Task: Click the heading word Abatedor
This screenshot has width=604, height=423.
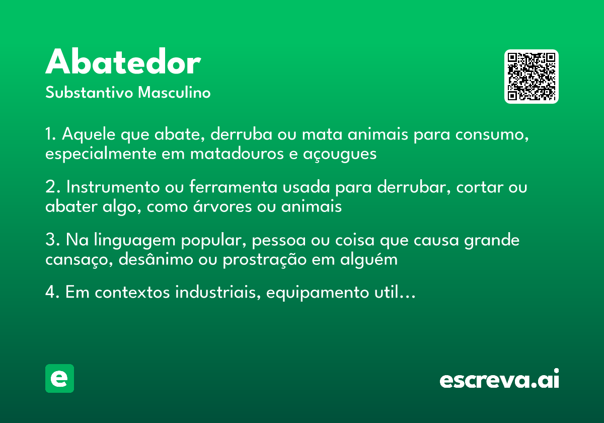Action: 123,63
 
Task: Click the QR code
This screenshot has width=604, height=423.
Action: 531,77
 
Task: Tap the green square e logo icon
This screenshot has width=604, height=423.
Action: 59,378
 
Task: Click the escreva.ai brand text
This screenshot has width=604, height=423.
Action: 499,380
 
